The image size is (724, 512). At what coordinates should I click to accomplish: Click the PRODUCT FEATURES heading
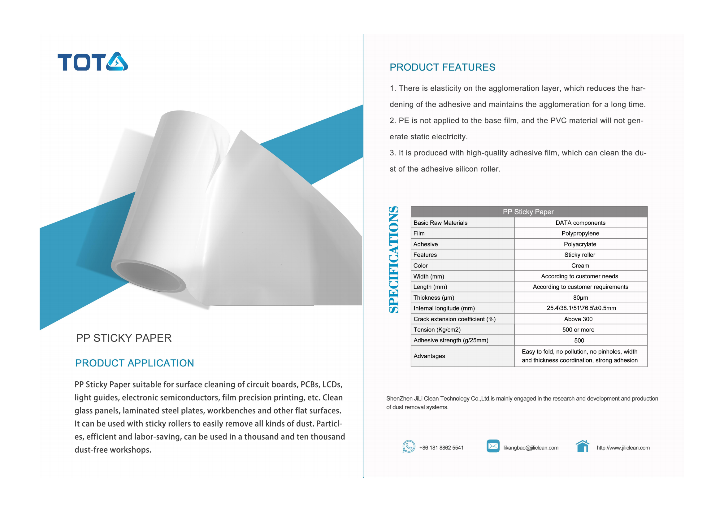442,67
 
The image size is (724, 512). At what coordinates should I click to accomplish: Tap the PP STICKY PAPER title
124,338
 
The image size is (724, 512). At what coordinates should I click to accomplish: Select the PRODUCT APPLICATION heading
134,363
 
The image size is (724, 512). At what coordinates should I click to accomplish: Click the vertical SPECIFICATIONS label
393,259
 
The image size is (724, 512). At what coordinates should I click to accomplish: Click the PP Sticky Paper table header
528,212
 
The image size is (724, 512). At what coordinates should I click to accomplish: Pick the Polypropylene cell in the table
580,233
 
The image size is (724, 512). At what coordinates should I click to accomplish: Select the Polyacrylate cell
580,244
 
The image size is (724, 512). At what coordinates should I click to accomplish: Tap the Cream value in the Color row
580,266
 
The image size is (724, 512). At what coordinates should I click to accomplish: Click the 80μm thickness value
580,297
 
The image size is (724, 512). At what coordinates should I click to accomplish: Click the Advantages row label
429,356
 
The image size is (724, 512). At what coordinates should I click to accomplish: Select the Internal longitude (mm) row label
444,308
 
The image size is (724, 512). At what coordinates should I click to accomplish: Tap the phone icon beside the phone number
409,446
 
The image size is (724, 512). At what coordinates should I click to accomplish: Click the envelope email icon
493,446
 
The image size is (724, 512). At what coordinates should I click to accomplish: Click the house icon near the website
583,446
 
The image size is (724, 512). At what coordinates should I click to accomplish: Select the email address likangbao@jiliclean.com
531,448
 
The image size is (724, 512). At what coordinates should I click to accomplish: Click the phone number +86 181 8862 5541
441,448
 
